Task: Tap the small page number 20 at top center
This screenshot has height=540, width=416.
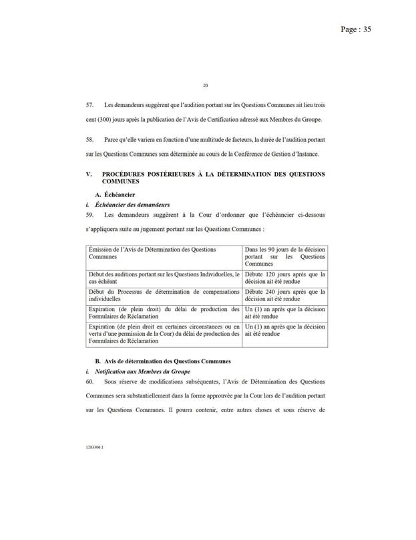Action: [x=206, y=85]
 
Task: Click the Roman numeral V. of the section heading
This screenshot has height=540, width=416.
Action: [x=90, y=175]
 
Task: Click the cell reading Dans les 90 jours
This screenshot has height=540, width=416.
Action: [x=284, y=256]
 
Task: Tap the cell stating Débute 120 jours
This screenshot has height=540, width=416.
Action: [x=284, y=278]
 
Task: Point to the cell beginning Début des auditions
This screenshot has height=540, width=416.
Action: [x=162, y=278]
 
